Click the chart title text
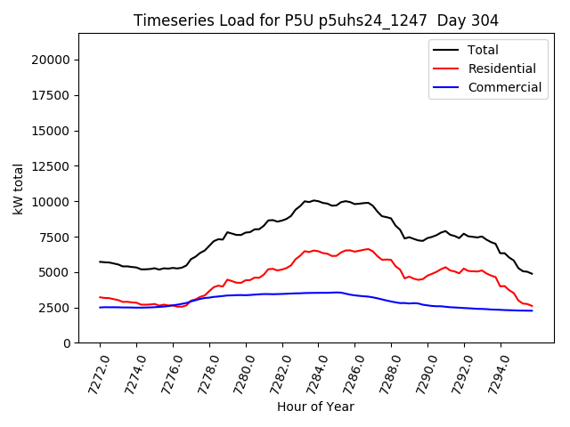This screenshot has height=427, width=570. [x=316, y=20]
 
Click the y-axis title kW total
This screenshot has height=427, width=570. [x=19, y=189]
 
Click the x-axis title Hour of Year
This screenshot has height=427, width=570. [x=315, y=407]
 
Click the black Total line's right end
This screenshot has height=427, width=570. [x=532, y=274]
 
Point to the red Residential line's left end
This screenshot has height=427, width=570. [x=100, y=297]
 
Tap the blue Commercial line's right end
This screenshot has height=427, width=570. [x=532, y=310]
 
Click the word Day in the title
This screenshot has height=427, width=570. [x=452, y=20]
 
